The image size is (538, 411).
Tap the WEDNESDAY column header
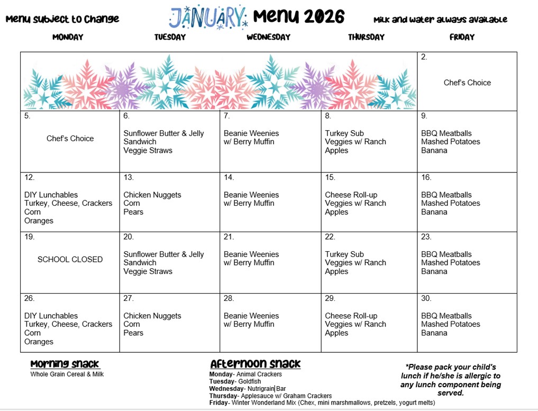click(268, 37)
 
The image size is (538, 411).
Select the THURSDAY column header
click(366, 37)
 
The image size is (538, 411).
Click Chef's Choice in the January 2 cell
click(467, 83)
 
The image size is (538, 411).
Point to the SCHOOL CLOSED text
click(70, 260)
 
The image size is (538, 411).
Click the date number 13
click(129, 177)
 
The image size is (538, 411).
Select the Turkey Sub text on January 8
click(344, 133)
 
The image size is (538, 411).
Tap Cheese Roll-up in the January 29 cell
click(351, 316)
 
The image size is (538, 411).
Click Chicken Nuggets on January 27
click(152, 316)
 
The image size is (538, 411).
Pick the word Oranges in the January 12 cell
click(39, 221)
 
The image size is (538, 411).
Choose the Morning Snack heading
click(65, 364)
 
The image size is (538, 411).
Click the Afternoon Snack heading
click(255, 364)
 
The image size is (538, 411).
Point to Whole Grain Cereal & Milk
click(67, 375)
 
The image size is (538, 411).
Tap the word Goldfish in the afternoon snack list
click(249, 381)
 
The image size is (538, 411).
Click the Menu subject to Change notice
click(62, 19)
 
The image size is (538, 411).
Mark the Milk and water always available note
click(440, 20)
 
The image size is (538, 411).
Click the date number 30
click(426, 298)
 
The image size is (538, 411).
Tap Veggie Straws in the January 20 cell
click(148, 271)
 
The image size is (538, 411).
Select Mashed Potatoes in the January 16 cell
click(451, 203)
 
